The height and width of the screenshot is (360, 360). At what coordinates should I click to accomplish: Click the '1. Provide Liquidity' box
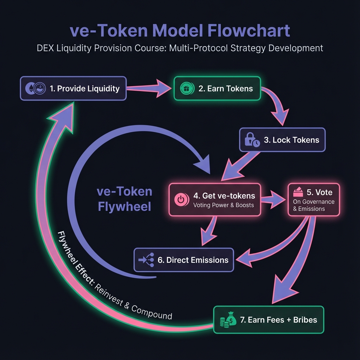(73, 88)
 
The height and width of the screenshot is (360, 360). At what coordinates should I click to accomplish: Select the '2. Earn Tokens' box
(217, 88)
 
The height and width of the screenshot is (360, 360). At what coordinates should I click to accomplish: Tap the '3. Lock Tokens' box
(282, 140)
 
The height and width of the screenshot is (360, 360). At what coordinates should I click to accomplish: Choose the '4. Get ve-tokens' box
(214, 199)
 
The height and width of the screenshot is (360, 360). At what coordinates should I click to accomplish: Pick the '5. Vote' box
(314, 199)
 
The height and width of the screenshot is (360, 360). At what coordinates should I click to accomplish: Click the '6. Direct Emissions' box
(184, 260)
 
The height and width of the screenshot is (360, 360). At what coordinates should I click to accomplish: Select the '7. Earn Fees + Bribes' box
(269, 320)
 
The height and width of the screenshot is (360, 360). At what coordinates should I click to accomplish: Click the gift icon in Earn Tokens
(185, 88)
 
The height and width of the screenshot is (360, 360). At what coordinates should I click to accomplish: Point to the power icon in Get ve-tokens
(180, 199)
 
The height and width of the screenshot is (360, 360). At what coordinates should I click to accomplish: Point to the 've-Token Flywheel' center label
(124, 199)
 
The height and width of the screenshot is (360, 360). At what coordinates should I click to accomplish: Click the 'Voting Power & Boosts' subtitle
(224, 205)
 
